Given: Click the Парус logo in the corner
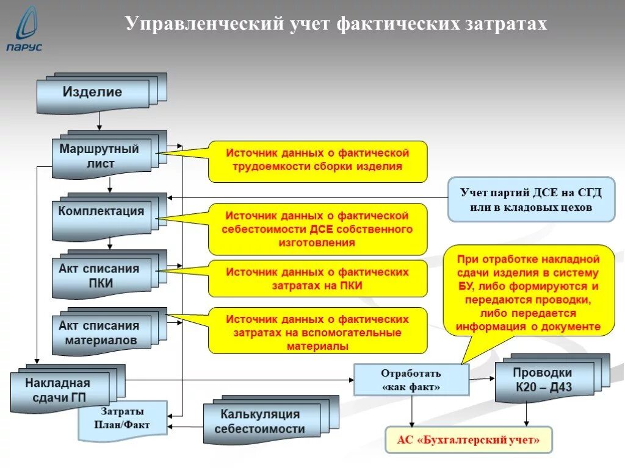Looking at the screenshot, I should click(x=24, y=30).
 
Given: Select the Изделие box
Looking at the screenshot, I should click(x=93, y=93).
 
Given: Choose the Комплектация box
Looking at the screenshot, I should click(x=101, y=213).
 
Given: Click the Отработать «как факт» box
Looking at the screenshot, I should click(x=411, y=380).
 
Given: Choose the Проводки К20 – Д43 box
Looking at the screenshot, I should click(x=543, y=380).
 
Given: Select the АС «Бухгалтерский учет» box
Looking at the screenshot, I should click(x=468, y=439).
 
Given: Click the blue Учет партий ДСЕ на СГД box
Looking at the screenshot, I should click(x=531, y=200).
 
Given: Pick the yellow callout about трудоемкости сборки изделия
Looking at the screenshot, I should click(x=317, y=160).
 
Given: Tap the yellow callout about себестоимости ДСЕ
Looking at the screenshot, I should click(x=317, y=229).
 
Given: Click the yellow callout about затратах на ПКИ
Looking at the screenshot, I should click(x=317, y=278).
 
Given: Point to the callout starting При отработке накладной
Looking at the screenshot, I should click(x=527, y=292).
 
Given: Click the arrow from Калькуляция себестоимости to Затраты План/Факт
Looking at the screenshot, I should click(x=186, y=426).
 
